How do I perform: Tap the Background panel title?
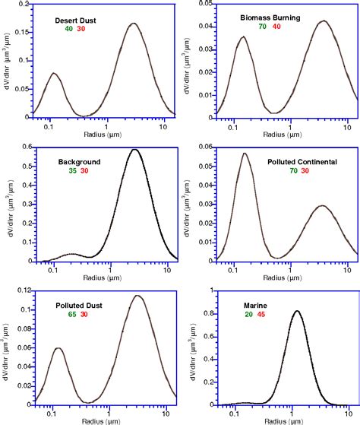[x=79, y=162]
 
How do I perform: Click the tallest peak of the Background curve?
[x=134, y=149]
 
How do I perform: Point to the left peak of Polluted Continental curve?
[x=245, y=154]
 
